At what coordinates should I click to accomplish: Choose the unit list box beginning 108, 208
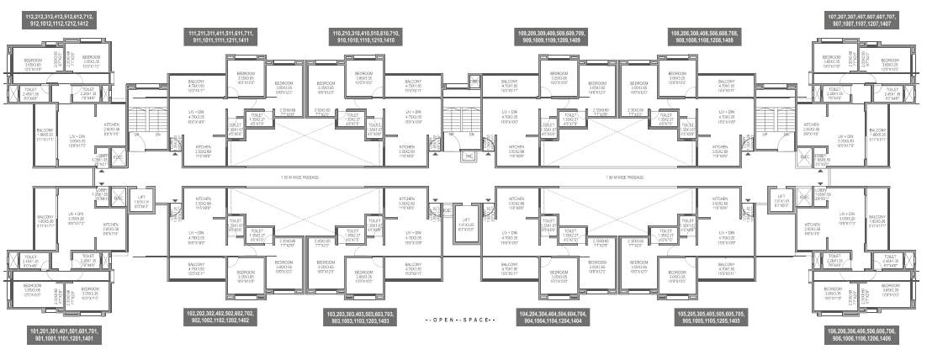click(704, 35)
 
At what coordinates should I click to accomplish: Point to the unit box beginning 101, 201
click(64, 335)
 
